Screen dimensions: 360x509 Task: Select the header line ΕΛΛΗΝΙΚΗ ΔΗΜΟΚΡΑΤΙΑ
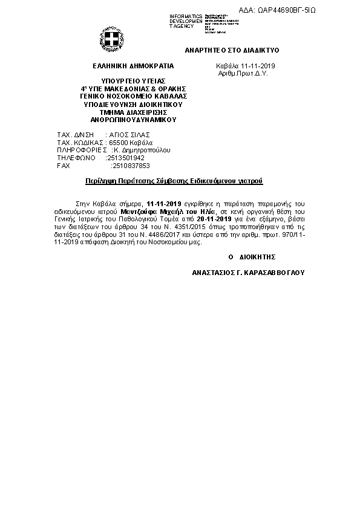coord(133,65)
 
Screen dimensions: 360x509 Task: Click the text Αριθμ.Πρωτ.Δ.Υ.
coord(242,73)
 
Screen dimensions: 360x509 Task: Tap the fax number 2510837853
coord(131,165)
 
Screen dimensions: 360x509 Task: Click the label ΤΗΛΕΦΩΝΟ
coord(76,157)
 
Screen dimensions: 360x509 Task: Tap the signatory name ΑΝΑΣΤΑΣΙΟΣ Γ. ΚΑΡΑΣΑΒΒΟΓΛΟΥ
coord(249,273)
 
